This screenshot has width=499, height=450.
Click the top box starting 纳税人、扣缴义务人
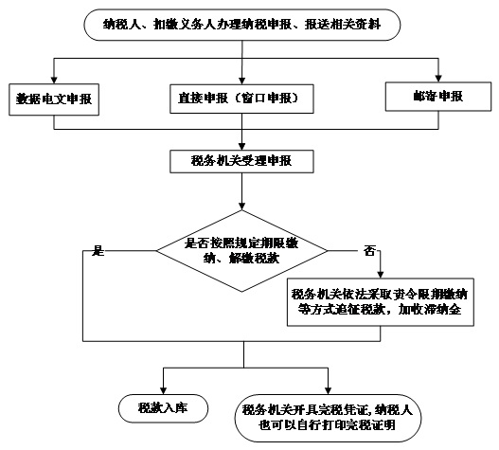click(241, 25)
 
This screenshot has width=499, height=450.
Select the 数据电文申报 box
click(54, 99)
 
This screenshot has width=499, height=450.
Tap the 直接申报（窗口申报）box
click(241, 99)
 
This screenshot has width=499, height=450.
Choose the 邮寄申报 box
click(438, 97)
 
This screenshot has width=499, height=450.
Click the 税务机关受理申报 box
click(241, 161)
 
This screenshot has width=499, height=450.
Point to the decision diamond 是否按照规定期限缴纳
click(241, 251)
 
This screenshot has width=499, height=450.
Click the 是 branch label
click(98, 251)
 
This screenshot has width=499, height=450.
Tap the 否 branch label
click(369, 251)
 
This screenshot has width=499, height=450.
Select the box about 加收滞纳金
click(381, 302)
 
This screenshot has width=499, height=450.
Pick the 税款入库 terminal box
click(163, 408)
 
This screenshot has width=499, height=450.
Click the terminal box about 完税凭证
click(328, 418)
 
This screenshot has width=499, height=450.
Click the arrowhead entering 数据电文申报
click(54, 80)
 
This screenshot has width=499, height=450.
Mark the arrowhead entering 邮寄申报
click(438, 79)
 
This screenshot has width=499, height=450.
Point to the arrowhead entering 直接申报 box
click(241, 81)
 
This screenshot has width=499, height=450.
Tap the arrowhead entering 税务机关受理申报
click(241, 147)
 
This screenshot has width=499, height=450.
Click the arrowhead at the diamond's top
click(241, 207)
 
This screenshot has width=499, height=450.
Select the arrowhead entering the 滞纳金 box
click(381, 275)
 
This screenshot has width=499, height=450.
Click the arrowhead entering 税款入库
click(163, 390)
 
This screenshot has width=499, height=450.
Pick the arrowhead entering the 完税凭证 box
click(329, 390)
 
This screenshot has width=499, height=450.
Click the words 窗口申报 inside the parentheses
click(267, 99)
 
